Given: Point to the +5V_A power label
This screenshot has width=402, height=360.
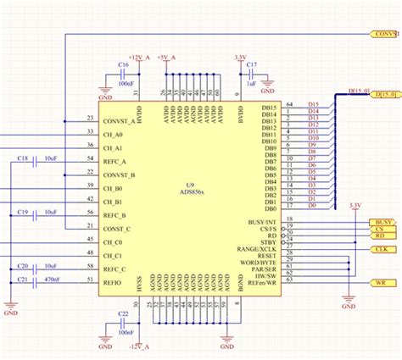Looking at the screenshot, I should pyautogui.click(x=166, y=56).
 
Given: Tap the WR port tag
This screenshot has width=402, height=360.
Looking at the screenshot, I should pyautogui.click(x=381, y=282).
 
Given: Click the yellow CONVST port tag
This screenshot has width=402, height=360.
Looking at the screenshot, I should pyautogui.click(x=385, y=34).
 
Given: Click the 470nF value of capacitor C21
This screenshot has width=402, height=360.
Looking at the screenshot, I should pyautogui.click(x=51, y=278).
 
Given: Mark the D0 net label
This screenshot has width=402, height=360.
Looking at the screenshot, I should pyautogui.click(x=312, y=205).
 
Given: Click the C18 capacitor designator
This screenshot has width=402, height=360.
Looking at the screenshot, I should pyautogui.click(x=23, y=158).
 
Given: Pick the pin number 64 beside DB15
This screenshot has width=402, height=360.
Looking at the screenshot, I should pyautogui.click(x=290, y=103).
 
